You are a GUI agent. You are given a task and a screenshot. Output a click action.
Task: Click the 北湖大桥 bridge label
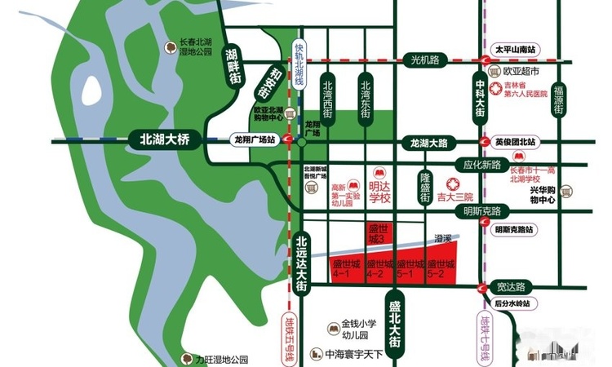pos(164,140)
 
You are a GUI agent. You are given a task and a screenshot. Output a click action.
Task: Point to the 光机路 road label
pos(425,60)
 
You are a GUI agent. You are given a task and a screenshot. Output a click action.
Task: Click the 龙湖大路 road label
pos(430,144)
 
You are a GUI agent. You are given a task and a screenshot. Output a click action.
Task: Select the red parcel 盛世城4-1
pos(342,268)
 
